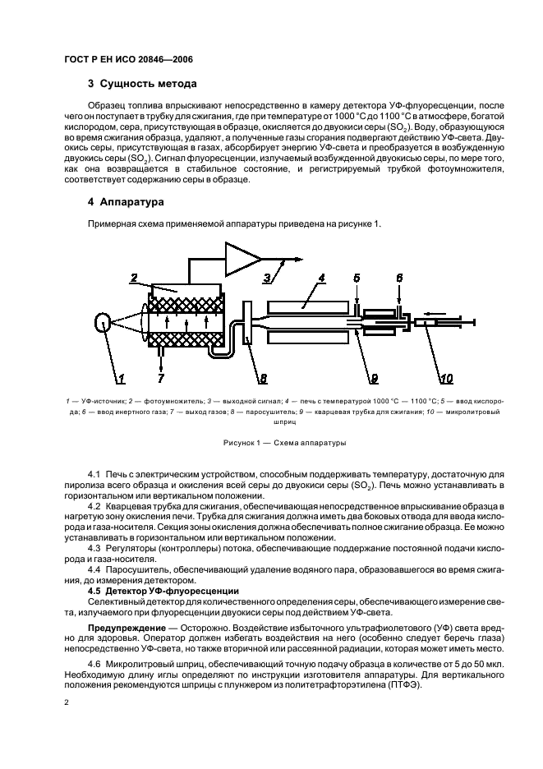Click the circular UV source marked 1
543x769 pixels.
point(103,325)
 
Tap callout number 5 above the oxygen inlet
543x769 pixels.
point(357,279)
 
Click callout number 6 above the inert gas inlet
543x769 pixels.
point(400,279)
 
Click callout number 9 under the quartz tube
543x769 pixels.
point(374,378)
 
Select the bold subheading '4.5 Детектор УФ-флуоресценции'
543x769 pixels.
point(163,591)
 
